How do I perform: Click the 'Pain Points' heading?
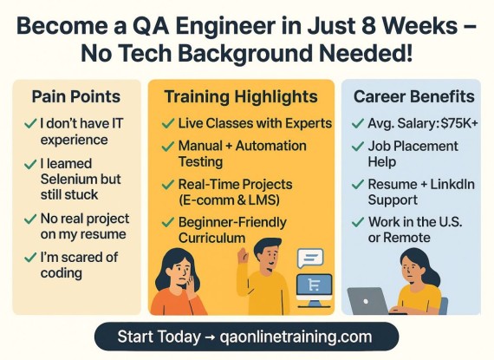click(x=76, y=97)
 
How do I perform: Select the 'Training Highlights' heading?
click(x=241, y=97)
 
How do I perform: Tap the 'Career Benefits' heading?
click(x=414, y=96)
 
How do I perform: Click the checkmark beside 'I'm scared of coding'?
click(x=30, y=258)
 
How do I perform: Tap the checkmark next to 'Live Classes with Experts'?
click(x=168, y=123)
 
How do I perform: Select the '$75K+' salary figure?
click(x=459, y=123)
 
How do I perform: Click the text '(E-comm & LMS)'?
click(x=229, y=200)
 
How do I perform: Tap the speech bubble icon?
click(x=310, y=259)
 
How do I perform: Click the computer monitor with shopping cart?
click(x=314, y=290)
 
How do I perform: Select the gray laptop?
click(x=367, y=301)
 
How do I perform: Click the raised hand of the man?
click(x=243, y=255)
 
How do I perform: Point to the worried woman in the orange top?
click(x=177, y=282)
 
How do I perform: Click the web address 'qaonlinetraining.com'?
click(x=296, y=337)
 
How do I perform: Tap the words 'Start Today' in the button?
click(x=159, y=337)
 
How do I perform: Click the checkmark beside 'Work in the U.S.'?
click(x=358, y=222)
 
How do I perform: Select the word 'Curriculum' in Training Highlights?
click(x=211, y=238)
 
